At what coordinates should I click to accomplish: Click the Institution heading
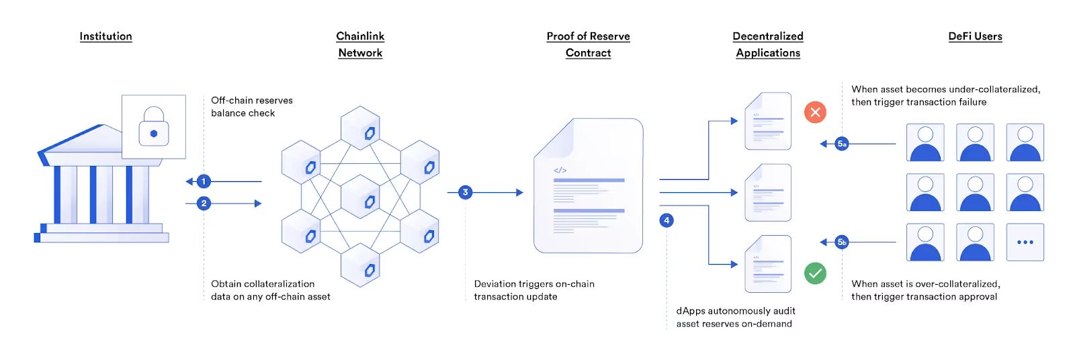point(105,36)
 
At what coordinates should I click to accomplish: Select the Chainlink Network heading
point(360,44)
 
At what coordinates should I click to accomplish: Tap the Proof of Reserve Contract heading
point(589,44)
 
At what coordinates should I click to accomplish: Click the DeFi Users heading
point(975,36)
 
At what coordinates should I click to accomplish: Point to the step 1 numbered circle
point(204,181)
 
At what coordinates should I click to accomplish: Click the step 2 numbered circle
point(204,204)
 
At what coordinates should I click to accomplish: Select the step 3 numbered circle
point(465,193)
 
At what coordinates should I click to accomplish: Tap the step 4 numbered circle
point(666,220)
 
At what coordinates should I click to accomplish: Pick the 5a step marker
point(842,144)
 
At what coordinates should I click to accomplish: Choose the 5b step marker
point(842,242)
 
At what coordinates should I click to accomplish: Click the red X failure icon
point(816,112)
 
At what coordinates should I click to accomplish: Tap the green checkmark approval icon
point(816,273)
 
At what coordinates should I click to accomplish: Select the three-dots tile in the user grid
point(1025,242)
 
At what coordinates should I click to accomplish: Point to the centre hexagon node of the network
point(360,197)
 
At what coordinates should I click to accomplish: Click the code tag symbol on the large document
point(560,171)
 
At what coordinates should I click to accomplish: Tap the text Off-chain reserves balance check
point(252,107)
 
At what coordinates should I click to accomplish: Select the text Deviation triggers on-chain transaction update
point(534,290)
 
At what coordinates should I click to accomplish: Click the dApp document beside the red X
point(768,121)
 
